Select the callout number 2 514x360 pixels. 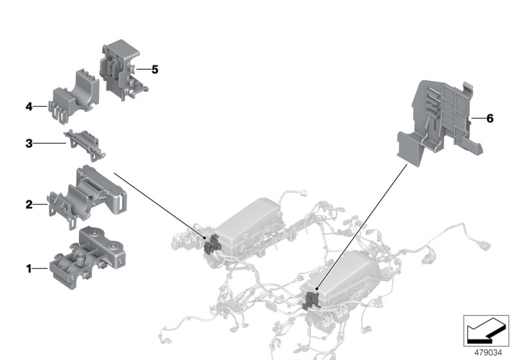click(x=28, y=205)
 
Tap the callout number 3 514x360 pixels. click(x=28, y=144)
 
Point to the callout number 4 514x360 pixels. click(x=28, y=106)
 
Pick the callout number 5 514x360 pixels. click(x=154, y=69)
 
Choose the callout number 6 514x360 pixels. click(x=490, y=118)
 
